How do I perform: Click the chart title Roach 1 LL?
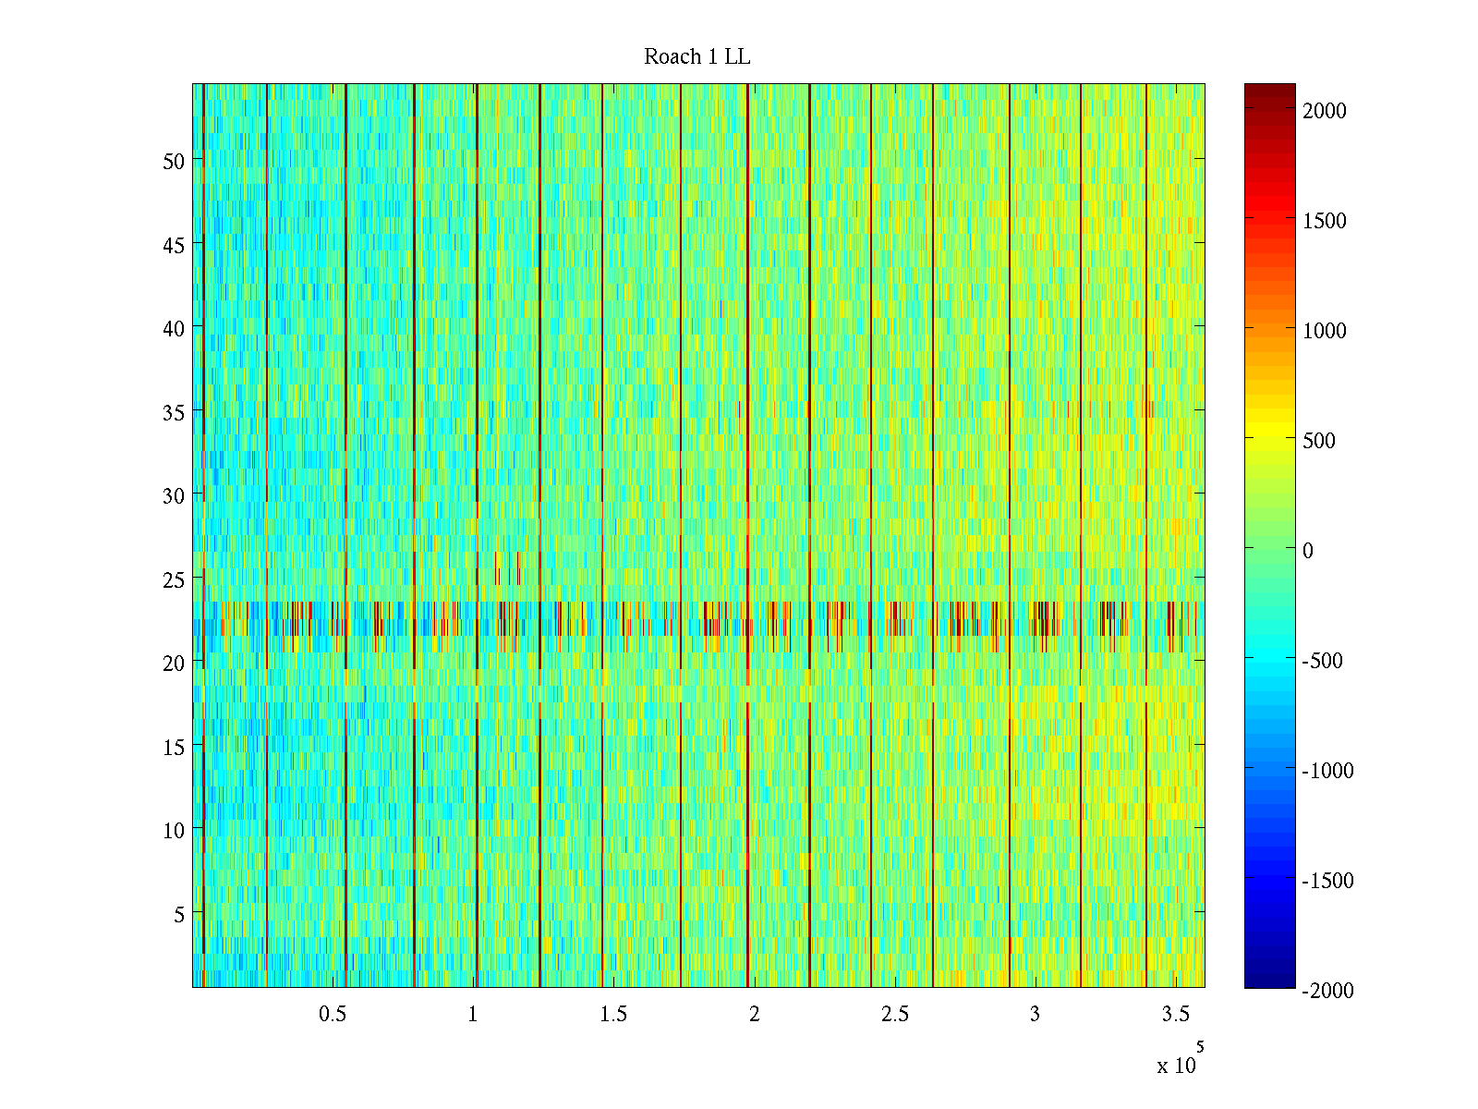point(697,57)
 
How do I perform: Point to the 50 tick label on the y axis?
point(174,161)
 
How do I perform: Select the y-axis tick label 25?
point(174,579)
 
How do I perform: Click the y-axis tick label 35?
point(174,412)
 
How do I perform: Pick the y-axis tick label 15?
point(174,747)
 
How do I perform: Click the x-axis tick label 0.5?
point(333,1015)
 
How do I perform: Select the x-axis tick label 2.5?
point(895,1015)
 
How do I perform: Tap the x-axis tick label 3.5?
point(1176,1015)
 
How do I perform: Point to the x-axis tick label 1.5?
point(613,1015)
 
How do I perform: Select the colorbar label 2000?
point(1325,111)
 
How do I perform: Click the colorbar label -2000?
point(1327,991)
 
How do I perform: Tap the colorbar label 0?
point(1308,551)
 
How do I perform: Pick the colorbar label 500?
point(1319,441)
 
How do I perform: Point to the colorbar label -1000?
point(1327,771)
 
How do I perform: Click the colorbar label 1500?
point(1325,221)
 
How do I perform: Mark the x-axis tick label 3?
point(1035,1015)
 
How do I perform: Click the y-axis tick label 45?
point(174,245)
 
